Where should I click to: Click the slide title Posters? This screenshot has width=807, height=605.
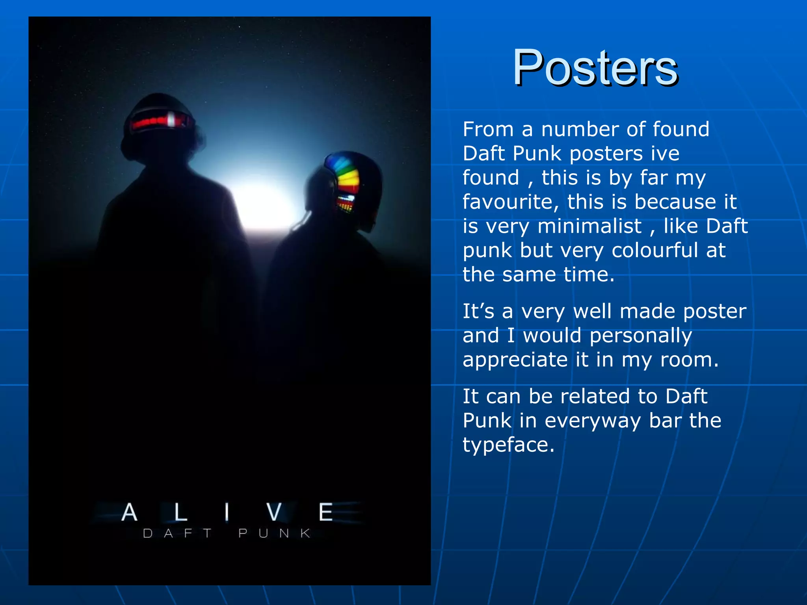pos(595,68)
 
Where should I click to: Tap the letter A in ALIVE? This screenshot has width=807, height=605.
pos(129,512)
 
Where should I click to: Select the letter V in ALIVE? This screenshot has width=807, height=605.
pos(274,512)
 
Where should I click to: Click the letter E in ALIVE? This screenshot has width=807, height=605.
pos(326,512)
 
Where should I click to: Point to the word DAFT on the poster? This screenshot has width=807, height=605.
pos(177,533)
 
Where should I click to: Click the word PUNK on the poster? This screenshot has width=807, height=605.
pos(275,533)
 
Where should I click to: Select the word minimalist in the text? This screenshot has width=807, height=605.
pos(589,226)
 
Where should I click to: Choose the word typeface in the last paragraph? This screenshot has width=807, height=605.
pos(508,445)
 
